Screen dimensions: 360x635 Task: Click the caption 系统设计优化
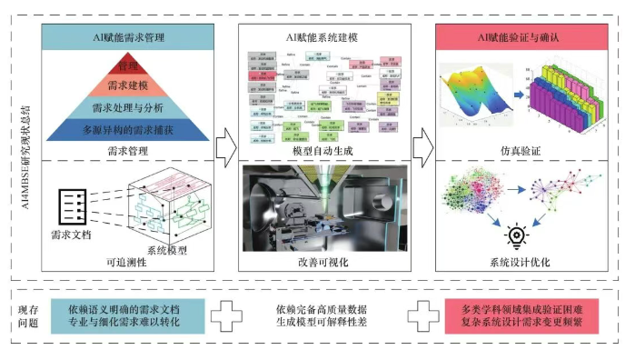518,264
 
